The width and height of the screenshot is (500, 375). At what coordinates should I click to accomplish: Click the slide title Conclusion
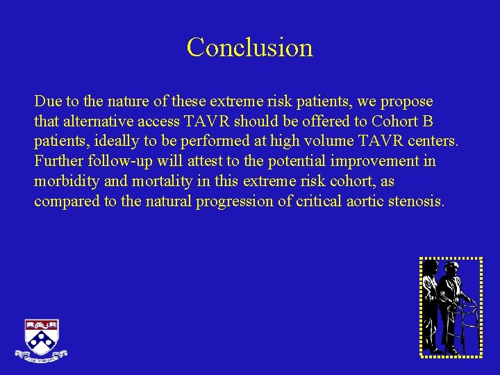tap(249, 47)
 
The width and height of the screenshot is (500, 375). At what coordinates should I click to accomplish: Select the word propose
tap(408, 101)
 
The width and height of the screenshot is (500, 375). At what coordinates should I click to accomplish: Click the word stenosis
tap(416, 202)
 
